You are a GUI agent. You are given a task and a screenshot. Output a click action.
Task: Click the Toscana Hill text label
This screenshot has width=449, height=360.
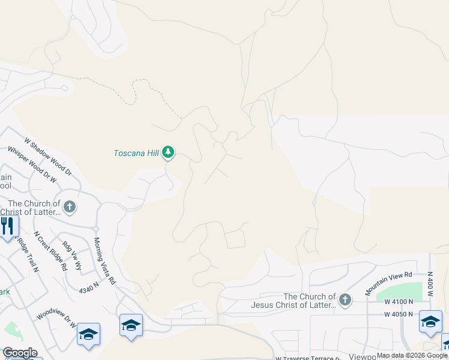(136, 153)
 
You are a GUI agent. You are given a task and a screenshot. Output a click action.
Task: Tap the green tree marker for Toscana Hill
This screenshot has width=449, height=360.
(169, 153)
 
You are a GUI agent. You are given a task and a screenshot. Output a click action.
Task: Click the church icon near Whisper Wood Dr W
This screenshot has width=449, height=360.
(70, 208)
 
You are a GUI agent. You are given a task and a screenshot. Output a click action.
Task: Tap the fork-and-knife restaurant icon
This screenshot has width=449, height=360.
(7, 226)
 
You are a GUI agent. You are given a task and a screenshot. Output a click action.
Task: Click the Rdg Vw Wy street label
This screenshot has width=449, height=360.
(71, 257)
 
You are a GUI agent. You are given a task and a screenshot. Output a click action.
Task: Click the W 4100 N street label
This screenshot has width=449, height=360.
(399, 302)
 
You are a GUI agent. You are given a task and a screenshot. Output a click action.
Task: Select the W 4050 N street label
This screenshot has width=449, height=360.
(399, 314)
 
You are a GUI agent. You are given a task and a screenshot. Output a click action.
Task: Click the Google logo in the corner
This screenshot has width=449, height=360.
(20, 353)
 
